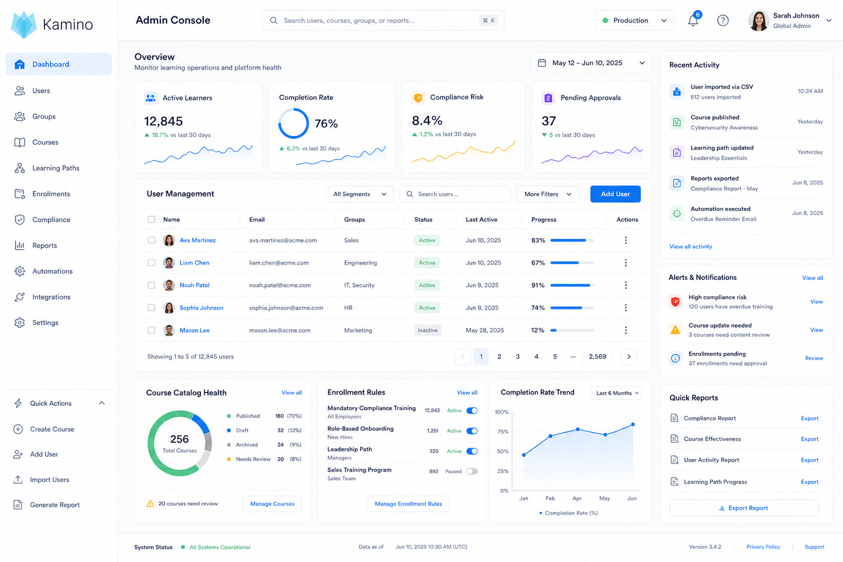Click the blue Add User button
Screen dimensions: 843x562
615,194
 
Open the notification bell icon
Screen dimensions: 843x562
693,20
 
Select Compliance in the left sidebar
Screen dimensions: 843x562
51,220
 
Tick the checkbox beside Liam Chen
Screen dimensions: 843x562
151,263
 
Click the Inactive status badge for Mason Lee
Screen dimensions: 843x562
428,330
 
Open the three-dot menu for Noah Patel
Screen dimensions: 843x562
626,285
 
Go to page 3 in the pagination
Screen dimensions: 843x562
518,357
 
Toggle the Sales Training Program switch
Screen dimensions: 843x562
471,471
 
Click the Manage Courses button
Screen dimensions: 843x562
272,504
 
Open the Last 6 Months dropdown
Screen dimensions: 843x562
616,393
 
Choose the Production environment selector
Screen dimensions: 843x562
634,20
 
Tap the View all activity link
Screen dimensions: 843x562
690,246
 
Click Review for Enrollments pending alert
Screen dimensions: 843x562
814,358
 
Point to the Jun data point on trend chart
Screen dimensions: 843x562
633,424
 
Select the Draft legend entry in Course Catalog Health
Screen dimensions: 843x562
242,430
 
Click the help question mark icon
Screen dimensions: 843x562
723,20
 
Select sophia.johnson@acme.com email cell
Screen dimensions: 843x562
286,307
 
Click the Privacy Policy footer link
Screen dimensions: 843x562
763,547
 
